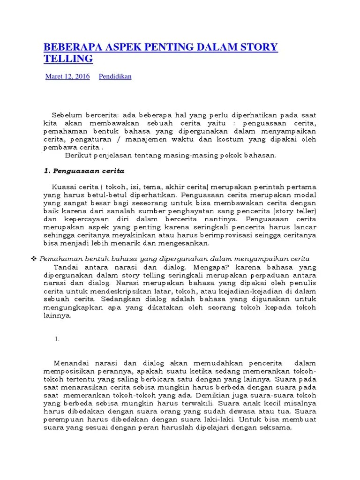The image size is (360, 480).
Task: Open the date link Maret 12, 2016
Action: (x=67, y=76)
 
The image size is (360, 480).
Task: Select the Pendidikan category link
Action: (x=115, y=76)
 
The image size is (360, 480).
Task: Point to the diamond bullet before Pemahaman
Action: (x=33, y=259)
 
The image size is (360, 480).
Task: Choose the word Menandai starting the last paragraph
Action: (x=71, y=363)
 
